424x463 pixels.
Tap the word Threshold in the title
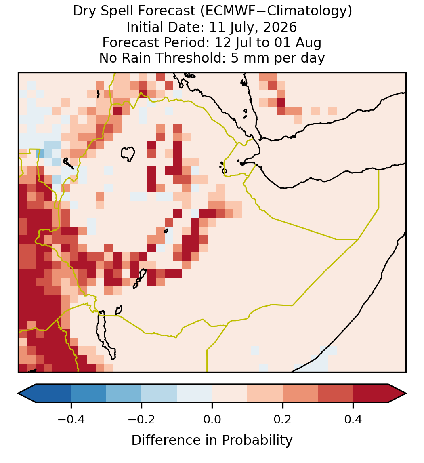pyautogui.click(x=189, y=58)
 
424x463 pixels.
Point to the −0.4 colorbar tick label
pyautogui.click(x=71, y=419)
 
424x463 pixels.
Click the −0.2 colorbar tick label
pyautogui.click(x=142, y=419)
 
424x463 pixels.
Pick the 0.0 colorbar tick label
pyautogui.click(x=212, y=419)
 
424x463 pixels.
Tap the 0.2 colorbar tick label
pyautogui.click(x=283, y=419)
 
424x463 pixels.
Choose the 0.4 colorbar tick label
pyautogui.click(x=353, y=419)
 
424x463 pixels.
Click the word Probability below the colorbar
pyautogui.click(x=257, y=440)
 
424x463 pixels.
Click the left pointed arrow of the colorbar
pyautogui.click(x=27, y=394)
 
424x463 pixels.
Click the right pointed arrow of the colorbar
pyautogui.click(x=397, y=394)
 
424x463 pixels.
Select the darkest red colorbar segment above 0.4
pyautogui.click(x=371, y=394)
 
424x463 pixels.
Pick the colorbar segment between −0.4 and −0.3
pyautogui.click(x=88, y=394)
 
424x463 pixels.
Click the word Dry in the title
pyautogui.click(x=83, y=12)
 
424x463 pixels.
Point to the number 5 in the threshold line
pyautogui.click(x=234, y=58)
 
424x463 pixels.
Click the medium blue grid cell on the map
pyautogui.click(x=40, y=154)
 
